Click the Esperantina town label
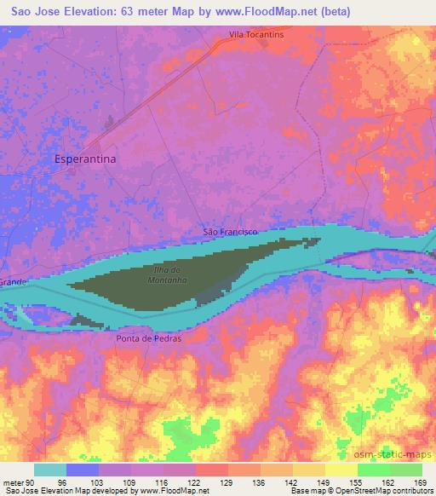(84, 159)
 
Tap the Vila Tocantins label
(256, 35)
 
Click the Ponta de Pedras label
(149, 338)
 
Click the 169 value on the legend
(421, 481)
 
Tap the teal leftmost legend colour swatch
(50, 470)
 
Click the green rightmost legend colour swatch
(405, 470)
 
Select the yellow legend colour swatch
(341, 470)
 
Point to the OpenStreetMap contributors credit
(388, 491)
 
